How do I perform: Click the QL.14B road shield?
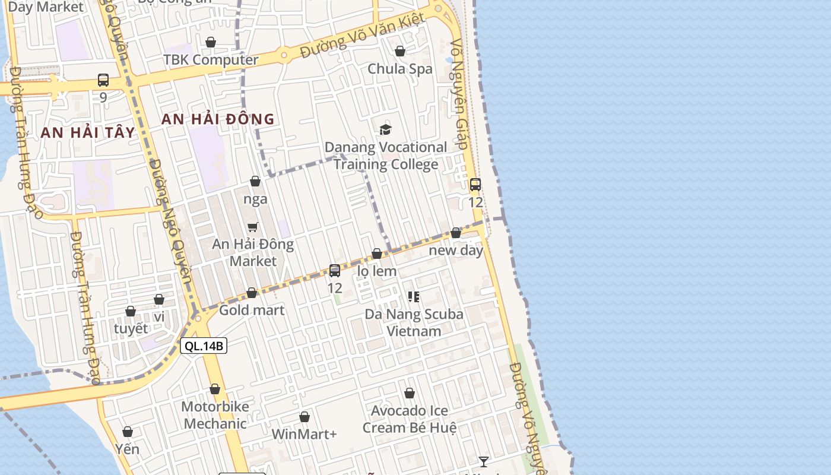click(204, 346)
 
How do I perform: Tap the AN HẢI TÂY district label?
click(88, 132)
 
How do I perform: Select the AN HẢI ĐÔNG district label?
click(218, 119)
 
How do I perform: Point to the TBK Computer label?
click(211, 60)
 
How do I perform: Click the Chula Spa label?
click(400, 68)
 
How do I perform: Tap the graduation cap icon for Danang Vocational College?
click(386, 129)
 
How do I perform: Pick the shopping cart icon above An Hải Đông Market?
click(253, 227)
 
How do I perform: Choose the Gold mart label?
click(252, 310)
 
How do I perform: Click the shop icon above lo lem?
click(376, 254)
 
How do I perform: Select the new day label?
click(456, 250)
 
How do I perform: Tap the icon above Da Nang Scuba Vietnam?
click(414, 296)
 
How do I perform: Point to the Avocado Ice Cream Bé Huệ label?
click(410, 419)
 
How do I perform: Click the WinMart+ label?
click(304, 434)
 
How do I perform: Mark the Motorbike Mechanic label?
click(215, 415)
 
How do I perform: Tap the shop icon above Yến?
click(128, 432)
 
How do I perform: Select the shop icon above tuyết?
click(131, 311)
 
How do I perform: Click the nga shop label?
click(255, 199)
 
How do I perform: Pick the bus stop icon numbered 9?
click(103, 80)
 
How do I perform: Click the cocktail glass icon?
click(484, 461)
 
